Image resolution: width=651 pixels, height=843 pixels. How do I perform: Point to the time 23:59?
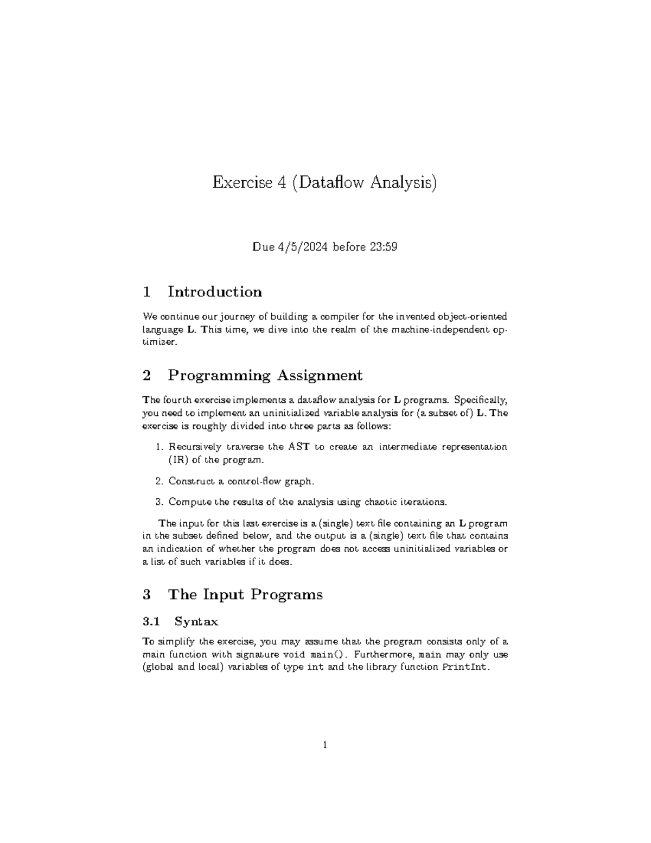(x=384, y=247)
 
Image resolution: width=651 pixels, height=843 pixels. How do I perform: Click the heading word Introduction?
(x=215, y=292)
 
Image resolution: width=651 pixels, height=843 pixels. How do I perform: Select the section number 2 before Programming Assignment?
(x=146, y=375)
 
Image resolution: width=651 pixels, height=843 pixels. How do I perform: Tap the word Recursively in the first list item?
(x=194, y=447)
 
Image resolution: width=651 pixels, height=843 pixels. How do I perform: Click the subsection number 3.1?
(x=151, y=621)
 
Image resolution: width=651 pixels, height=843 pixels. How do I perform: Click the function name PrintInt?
(x=466, y=667)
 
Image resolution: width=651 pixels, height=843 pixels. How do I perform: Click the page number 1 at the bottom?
(x=325, y=745)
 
